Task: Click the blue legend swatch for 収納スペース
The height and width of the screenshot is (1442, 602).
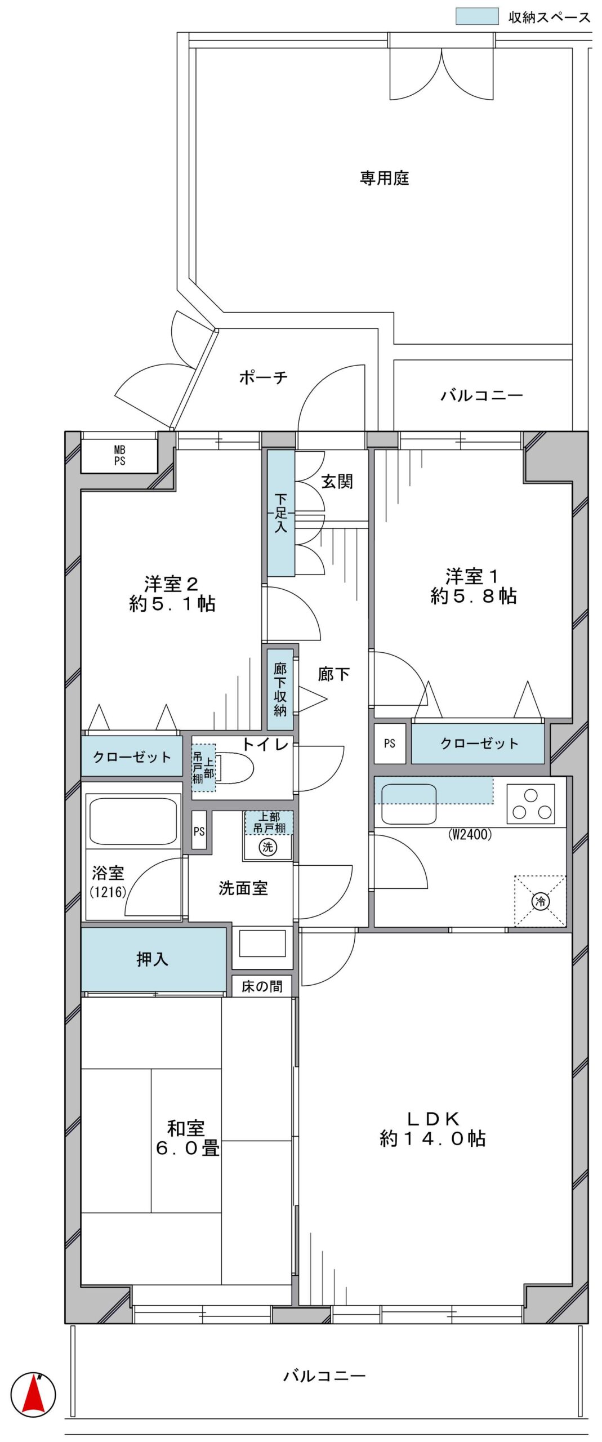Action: pos(476,16)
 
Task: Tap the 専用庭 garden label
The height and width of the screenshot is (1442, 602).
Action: pos(384,179)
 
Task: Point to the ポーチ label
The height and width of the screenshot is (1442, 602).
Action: pos(263,377)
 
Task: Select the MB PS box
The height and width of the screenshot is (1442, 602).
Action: pos(119,455)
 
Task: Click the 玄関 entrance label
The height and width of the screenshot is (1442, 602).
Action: pos(337,481)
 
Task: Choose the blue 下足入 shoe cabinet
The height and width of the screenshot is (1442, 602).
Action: pos(281,513)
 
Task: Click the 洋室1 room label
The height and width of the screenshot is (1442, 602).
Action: pos(474,586)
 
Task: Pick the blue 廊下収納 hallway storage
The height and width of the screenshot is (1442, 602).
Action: pos(280,689)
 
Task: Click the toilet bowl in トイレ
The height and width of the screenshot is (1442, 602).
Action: pos(236,767)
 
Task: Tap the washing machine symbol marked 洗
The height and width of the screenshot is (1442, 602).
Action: pos(267,847)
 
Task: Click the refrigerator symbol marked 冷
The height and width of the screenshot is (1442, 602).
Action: pos(540,901)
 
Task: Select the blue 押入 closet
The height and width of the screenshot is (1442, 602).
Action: pos(153,959)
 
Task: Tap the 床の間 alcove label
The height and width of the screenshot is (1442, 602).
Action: pos(262,986)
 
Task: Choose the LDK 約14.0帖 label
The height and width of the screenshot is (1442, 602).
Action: pos(432,1129)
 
